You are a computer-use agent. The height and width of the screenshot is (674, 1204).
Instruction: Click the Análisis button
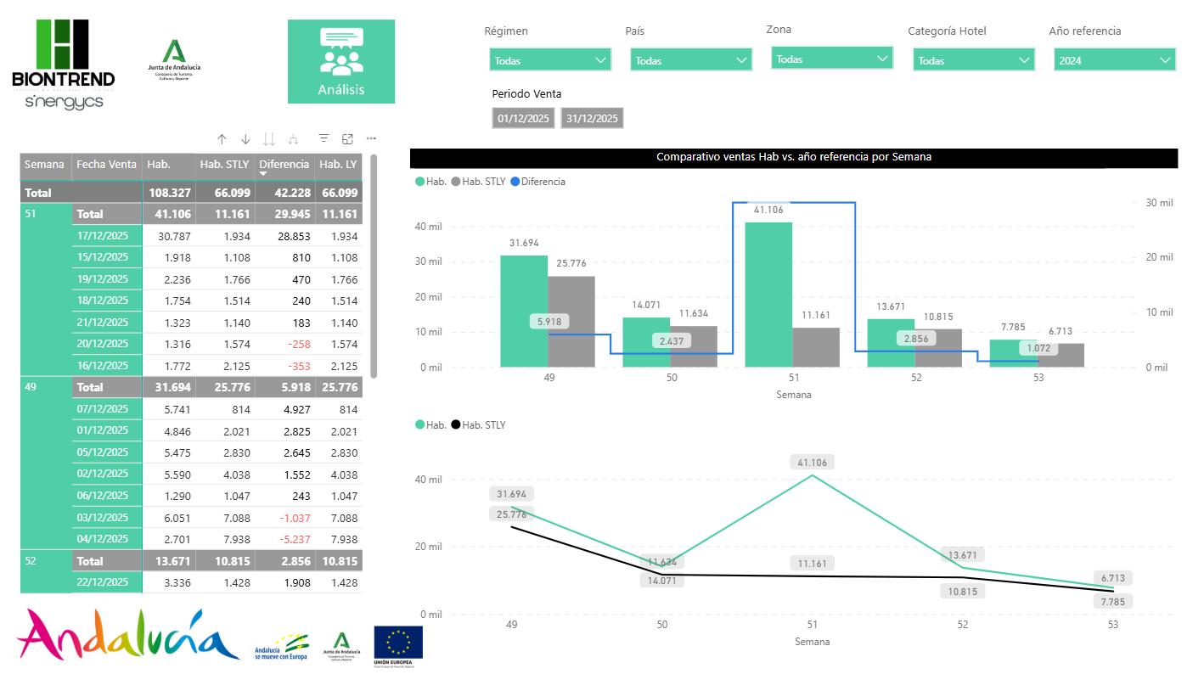[x=340, y=62]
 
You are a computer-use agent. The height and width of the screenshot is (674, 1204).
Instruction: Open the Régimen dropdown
[x=549, y=60]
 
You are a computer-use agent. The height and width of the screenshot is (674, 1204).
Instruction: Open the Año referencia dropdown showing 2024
[x=1114, y=60]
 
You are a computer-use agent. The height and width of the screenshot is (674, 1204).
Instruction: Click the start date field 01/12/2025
[x=523, y=119]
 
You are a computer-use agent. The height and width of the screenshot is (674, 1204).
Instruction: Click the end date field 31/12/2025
[x=592, y=119]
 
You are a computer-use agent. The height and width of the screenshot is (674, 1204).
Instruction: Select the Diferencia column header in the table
[x=284, y=165]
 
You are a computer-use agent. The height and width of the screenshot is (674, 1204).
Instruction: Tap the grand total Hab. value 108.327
[x=168, y=193]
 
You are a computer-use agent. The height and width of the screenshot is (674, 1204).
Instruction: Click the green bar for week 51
[x=768, y=295]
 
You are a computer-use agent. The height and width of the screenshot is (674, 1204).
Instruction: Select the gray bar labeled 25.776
[x=571, y=321]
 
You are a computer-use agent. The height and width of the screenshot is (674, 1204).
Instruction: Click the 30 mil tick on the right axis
[x=1159, y=203]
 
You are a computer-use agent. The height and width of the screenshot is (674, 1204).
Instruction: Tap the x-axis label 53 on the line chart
[x=1112, y=625]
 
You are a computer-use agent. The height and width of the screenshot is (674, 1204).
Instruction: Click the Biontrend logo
[x=63, y=64]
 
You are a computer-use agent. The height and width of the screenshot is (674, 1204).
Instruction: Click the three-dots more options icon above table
[x=371, y=138]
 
